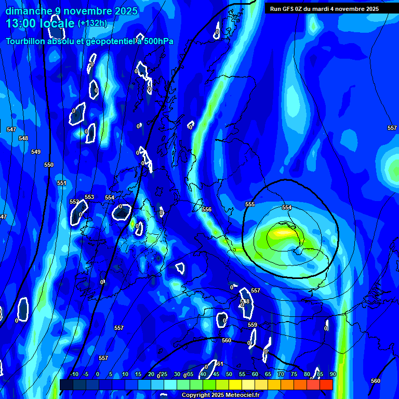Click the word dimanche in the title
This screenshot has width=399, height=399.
(28, 11)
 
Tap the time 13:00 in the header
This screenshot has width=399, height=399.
(22, 23)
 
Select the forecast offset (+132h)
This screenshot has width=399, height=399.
(92, 23)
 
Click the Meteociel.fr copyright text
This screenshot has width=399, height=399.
(220, 395)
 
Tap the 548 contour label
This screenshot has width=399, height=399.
(23, 139)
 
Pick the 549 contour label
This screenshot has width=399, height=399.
(36, 152)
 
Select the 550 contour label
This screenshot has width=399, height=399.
(49, 165)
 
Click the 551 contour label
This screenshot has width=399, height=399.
(62, 183)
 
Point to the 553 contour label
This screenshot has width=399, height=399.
(89, 197)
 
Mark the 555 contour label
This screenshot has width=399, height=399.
(250, 204)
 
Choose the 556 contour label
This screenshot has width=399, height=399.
(207, 209)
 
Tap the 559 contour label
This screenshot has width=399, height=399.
(252, 325)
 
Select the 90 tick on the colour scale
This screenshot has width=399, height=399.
(332, 375)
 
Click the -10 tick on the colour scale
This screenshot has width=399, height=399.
(74, 375)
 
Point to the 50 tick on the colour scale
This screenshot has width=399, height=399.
(229, 375)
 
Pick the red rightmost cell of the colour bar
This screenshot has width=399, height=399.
(326, 384)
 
